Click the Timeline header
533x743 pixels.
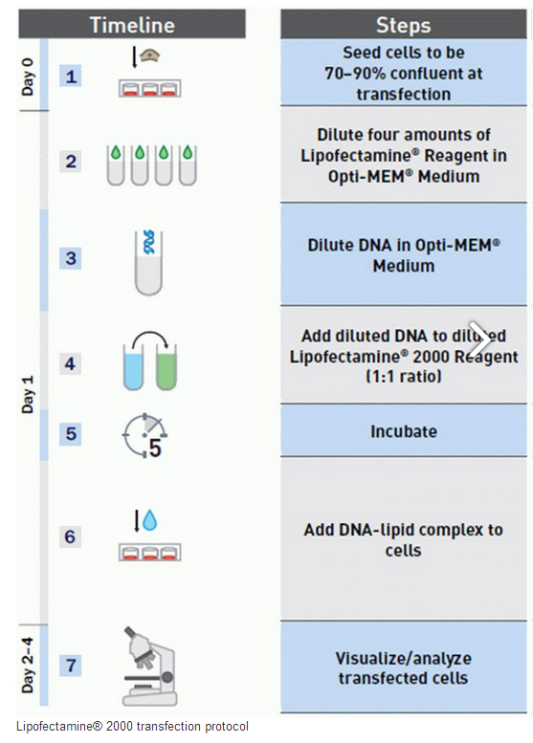point(132,25)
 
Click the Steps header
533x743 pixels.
point(404,25)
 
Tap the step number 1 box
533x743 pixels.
point(71,76)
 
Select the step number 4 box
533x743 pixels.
point(70,364)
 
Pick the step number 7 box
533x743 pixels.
point(71,665)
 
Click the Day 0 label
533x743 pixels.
point(28,76)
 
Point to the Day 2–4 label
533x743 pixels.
point(28,666)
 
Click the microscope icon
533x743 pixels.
point(150,666)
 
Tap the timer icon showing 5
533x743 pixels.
point(145,436)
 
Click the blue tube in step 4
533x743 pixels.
point(133,367)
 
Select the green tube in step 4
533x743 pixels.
point(166,367)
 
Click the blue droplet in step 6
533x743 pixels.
point(150,520)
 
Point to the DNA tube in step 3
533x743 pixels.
point(148,262)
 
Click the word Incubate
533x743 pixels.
point(404,431)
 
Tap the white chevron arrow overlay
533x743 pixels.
point(479,339)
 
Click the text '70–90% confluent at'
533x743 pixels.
point(404,74)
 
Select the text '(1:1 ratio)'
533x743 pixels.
point(404,376)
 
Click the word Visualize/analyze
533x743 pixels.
point(404,658)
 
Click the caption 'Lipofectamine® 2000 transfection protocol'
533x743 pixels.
point(132,727)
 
